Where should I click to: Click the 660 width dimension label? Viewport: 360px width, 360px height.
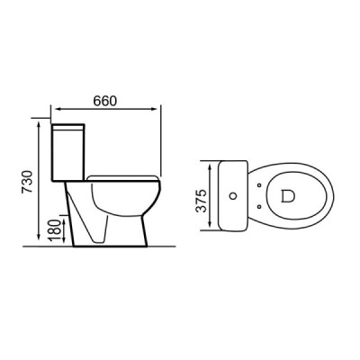tap(105, 101)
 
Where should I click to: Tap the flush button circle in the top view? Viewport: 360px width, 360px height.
tap(236, 193)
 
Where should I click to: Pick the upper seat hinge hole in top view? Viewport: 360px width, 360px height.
tap(261, 183)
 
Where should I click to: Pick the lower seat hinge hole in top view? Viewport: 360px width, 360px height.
tap(261, 204)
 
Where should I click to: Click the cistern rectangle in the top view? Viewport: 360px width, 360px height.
tap(233, 193)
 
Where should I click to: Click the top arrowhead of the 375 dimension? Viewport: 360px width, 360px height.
tap(214, 164)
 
